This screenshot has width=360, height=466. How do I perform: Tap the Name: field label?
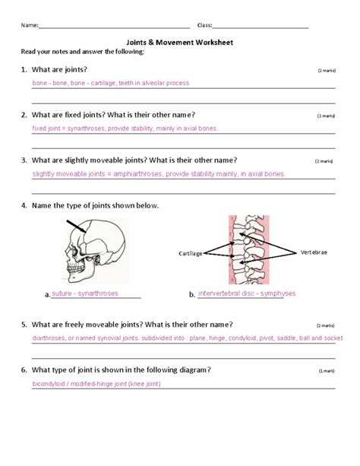coord(29,25)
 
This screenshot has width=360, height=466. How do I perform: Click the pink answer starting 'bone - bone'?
coord(110,83)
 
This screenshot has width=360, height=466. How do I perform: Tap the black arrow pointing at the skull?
coord(77,227)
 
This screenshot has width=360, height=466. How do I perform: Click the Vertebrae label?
coord(314,252)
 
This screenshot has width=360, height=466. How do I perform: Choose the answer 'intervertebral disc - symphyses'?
coord(246,293)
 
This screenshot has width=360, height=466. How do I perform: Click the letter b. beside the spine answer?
coord(192,295)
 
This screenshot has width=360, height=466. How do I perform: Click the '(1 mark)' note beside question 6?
coord(327,370)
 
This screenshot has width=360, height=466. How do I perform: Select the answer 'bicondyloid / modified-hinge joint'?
coord(106,384)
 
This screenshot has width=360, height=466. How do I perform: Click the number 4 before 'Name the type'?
coord(24,205)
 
